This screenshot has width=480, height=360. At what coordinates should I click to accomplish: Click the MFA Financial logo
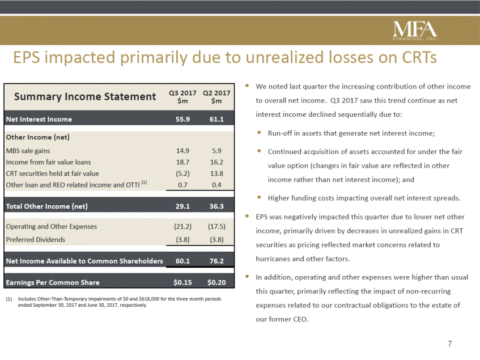point(415,31)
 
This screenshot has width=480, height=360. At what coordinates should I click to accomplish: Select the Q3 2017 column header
point(182,97)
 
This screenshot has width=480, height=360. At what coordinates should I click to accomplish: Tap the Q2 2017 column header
point(216,97)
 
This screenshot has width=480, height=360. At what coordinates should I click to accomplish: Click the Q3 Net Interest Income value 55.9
point(182,120)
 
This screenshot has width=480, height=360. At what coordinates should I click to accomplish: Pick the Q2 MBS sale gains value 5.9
point(216,151)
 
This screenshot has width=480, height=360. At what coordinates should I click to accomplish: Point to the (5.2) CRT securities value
point(182,173)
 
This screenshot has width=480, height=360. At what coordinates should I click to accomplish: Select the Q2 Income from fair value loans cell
point(216,162)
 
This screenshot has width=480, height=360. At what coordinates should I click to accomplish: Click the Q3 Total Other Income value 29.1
point(182,206)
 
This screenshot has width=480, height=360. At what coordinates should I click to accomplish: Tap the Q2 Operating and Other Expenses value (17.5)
point(216,227)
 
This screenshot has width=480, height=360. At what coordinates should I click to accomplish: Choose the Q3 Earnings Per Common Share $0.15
point(182,282)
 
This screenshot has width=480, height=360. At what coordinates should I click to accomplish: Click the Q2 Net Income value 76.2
point(216,261)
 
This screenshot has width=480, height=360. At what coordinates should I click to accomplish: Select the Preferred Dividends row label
point(36,240)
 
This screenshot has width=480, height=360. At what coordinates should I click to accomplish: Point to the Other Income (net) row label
point(37,137)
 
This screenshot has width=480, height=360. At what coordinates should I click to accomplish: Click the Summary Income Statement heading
point(85,97)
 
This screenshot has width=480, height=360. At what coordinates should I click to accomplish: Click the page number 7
point(450,344)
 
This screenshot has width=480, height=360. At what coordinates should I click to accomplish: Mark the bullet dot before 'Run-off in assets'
point(260,133)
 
